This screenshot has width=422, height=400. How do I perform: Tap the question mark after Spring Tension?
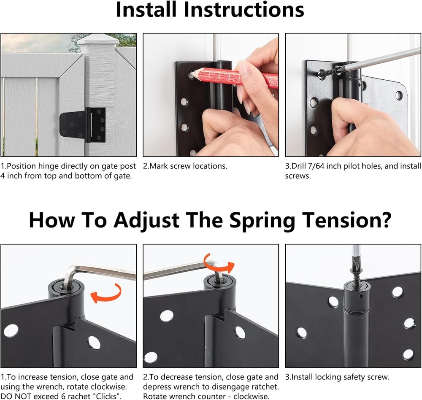click(383, 220)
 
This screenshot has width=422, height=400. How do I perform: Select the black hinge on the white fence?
click(83, 124)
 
